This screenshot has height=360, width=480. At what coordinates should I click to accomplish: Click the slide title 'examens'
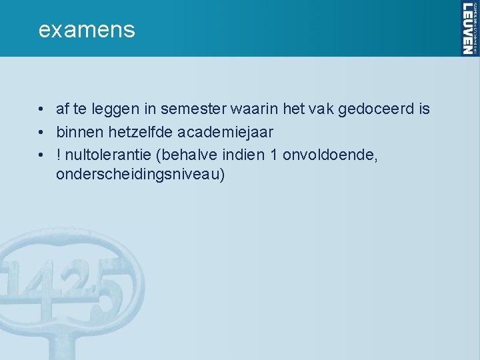click(87, 30)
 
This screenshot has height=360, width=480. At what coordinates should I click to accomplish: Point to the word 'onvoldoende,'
click(331, 154)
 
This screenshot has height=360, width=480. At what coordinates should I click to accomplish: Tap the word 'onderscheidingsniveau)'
click(141, 175)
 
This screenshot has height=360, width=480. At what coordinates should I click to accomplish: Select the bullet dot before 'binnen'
click(41, 132)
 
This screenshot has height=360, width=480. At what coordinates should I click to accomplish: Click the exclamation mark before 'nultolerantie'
click(60, 154)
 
